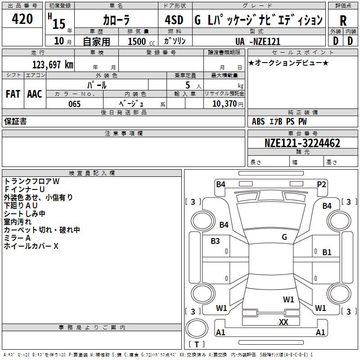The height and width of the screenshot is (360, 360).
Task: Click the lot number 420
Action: click(x=23, y=19)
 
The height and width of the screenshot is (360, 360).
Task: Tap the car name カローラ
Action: click(x=116, y=20)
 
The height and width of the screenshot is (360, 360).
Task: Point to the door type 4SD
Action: click(x=174, y=20)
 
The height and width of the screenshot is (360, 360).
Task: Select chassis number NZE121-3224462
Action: click(x=302, y=144)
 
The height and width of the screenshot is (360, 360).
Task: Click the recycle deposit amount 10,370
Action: click(x=223, y=104)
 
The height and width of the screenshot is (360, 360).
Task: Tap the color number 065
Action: click(x=74, y=104)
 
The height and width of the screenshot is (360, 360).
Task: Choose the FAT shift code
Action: click(x=13, y=94)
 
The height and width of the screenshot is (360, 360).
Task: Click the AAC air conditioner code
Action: click(x=35, y=94)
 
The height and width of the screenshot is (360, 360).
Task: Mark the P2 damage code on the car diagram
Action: click(x=321, y=184)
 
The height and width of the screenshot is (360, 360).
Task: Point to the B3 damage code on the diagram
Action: click(x=216, y=241)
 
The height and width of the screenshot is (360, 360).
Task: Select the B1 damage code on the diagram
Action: click(x=327, y=252)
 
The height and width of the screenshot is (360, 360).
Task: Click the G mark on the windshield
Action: click(x=284, y=237)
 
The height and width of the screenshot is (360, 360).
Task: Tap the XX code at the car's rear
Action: click(x=283, y=322)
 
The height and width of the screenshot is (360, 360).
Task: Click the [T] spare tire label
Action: click(x=197, y=344)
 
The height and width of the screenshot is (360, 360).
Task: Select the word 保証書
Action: click(x=15, y=121)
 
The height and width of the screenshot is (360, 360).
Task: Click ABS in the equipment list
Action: click(x=258, y=121)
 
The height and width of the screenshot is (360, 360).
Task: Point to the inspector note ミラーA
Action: click(x=17, y=238)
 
